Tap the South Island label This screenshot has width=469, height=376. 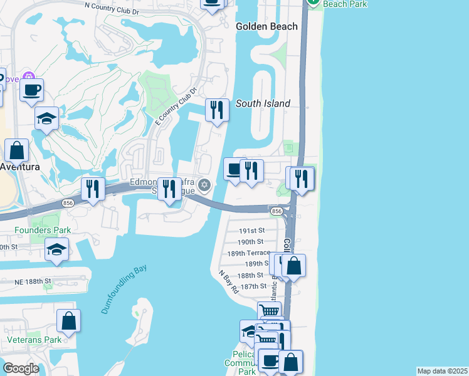point(263,103)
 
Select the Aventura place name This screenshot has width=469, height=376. point(20,167)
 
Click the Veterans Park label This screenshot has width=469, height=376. point(34,340)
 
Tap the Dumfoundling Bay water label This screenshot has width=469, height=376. point(123,290)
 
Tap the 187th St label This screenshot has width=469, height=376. point(254,286)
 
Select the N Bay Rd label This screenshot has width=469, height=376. point(228,282)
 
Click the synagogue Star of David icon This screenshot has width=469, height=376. point(204,185)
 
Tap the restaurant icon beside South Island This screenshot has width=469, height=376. point(216,110)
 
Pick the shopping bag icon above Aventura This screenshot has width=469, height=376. point(17,150)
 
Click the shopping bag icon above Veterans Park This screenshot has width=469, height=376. point(68,321)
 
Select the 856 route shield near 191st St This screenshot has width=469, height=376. point(276,211)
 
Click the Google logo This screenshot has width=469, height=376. point(21,368)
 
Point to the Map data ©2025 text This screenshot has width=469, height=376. point(442,371)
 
